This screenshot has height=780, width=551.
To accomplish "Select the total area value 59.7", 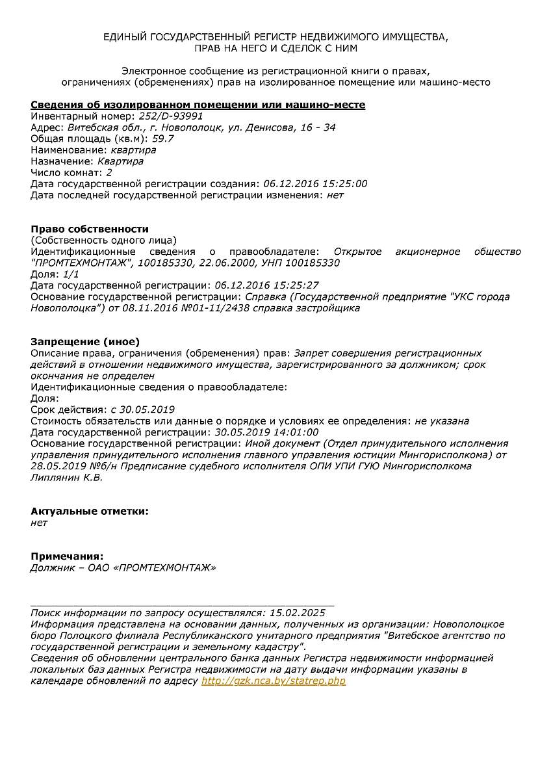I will [163, 138].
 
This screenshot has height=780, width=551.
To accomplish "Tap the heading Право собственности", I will [90, 229].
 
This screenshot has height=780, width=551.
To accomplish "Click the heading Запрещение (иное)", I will [85, 342].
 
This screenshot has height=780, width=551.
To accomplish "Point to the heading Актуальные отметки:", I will [90, 511].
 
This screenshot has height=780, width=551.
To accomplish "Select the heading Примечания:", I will [67, 556].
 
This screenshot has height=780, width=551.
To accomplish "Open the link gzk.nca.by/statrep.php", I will [274, 681].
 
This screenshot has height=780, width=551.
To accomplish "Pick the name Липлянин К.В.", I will [67, 477].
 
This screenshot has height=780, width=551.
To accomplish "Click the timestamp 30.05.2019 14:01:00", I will [266, 432].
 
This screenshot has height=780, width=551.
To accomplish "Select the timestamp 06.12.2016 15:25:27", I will [266, 285].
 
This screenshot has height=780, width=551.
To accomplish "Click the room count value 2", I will [109, 172].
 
